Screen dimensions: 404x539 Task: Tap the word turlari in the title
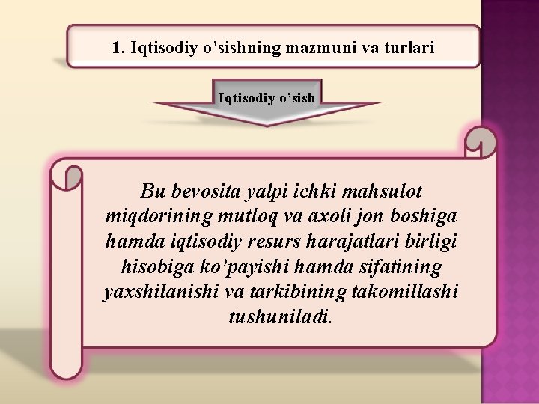(409, 48)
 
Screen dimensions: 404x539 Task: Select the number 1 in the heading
(116, 48)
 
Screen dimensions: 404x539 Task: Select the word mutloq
(245, 216)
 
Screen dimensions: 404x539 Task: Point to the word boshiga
(422, 216)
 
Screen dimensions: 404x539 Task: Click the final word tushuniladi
(277, 316)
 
